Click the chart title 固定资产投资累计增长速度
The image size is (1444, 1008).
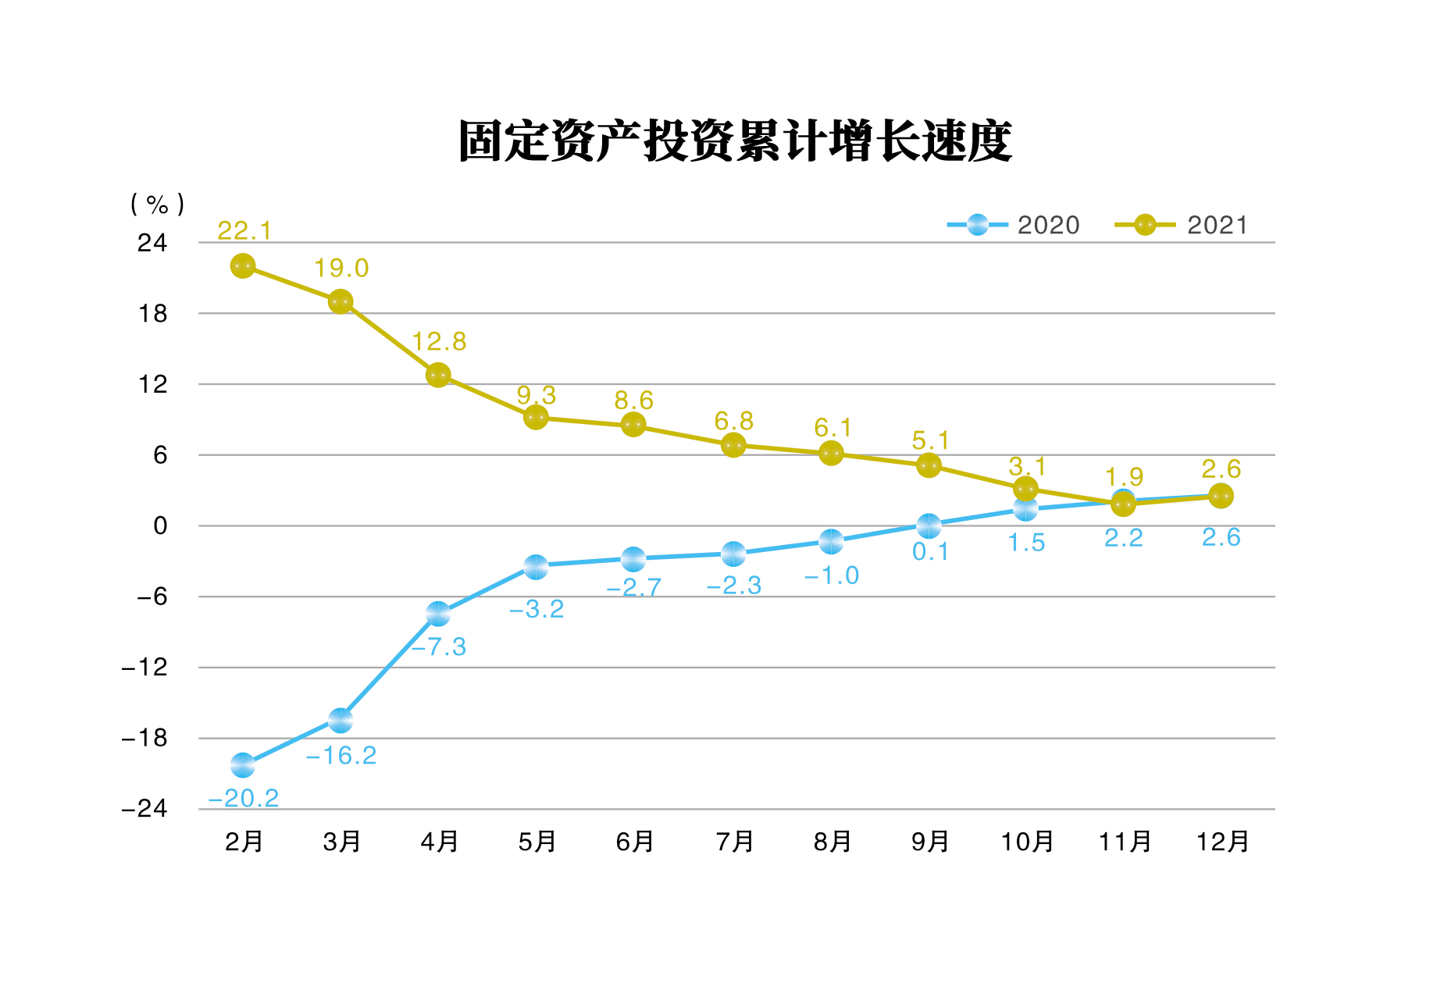[734, 141]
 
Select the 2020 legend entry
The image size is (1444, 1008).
[1014, 225]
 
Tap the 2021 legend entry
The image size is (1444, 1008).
[1182, 225]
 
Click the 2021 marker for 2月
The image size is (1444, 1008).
[243, 266]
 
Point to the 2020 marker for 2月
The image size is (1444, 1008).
[243, 765]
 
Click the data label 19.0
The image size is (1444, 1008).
[341, 269]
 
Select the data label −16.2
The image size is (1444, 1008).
[341, 755]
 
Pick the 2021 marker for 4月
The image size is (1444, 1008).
[438, 375]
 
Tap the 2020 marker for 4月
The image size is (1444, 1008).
[438, 614]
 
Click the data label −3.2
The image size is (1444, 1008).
[537, 609]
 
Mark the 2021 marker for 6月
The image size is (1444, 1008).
[633, 425]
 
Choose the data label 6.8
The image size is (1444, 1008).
[734, 422]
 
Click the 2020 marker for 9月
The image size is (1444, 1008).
[929, 525]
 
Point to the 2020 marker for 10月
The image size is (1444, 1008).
[1025, 509]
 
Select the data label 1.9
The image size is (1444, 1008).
[1124, 476]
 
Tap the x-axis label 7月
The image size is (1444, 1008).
[734, 842]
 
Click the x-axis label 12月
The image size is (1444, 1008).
[1222, 842]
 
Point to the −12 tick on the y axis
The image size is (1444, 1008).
[145, 668]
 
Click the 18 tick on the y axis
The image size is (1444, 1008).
[153, 314]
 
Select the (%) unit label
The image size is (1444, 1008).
[158, 205]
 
